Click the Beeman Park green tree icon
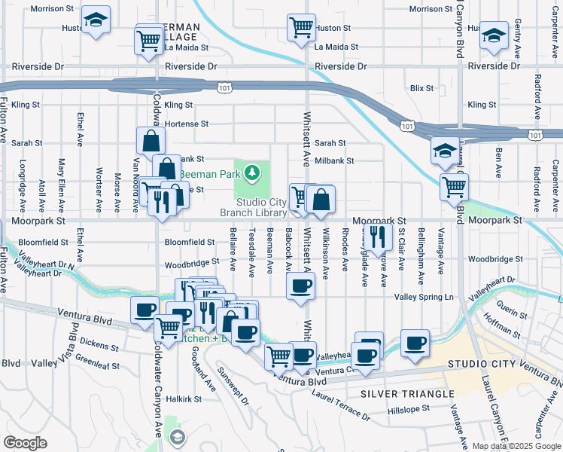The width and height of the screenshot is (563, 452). [254, 173]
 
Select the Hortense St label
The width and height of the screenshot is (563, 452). [186, 124]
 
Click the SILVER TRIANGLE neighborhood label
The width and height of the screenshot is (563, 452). [407, 394]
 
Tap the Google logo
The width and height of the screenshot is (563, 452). [26, 443]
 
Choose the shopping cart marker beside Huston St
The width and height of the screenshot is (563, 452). [301, 28]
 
